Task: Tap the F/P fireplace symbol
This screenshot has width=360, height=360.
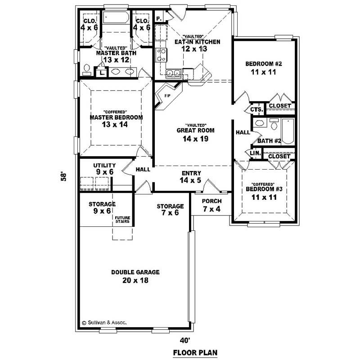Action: click(167, 96)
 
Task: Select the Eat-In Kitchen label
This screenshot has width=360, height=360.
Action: click(198, 42)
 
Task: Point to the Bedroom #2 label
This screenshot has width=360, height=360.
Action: click(263, 63)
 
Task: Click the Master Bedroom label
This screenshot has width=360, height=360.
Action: click(116, 117)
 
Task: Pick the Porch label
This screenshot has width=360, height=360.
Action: click(211, 201)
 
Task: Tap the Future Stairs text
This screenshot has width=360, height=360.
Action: click(122, 220)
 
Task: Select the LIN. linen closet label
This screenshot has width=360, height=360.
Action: click(255, 154)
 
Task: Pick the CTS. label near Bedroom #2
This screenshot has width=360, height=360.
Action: click(256, 109)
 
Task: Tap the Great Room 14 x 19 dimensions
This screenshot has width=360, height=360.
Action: click(195, 139)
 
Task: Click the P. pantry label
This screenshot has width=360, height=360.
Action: click(159, 18)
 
